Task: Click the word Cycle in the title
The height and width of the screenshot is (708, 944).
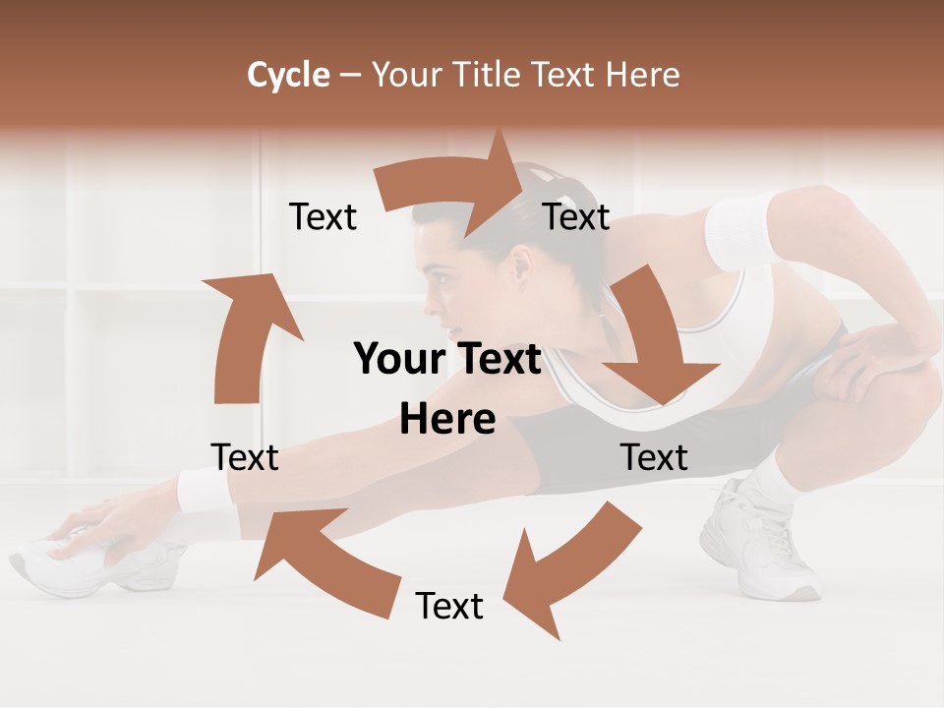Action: point(288,75)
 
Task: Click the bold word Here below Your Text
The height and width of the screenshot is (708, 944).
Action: point(447,420)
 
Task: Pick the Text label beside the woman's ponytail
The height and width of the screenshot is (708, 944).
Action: point(576,216)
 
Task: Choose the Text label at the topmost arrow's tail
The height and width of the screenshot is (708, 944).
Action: point(323,216)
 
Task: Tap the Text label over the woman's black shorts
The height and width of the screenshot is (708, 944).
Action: point(654,457)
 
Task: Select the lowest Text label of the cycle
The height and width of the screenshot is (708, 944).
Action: point(449,606)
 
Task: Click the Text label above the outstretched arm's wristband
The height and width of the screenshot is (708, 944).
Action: point(245,457)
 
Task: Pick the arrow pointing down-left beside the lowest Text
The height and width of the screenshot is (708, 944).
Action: point(565,565)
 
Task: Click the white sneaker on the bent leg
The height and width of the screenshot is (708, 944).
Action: point(757,541)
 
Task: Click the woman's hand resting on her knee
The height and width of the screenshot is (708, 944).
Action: point(875,354)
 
